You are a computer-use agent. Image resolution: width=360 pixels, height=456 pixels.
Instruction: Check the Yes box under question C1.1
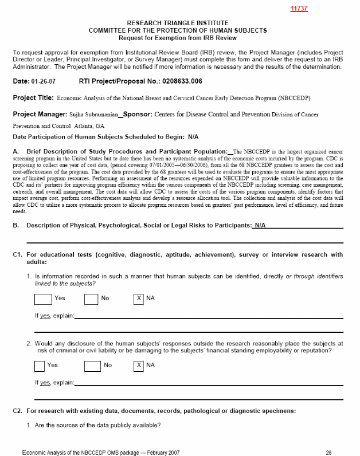[42, 298]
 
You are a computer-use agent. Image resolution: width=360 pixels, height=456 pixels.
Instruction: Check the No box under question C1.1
[92, 298]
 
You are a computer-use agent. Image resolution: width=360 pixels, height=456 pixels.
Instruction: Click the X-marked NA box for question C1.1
[139, 298]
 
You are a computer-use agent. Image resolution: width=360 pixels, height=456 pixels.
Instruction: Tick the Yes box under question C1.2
[40, 365]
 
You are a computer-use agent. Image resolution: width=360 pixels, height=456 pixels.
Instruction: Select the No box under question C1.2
[92, 365]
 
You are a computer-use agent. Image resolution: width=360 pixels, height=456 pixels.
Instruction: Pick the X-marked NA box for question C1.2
[139, 365]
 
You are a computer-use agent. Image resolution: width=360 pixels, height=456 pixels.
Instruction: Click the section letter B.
[15, 226]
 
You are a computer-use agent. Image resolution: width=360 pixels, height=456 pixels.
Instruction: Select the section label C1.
[17, 254]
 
